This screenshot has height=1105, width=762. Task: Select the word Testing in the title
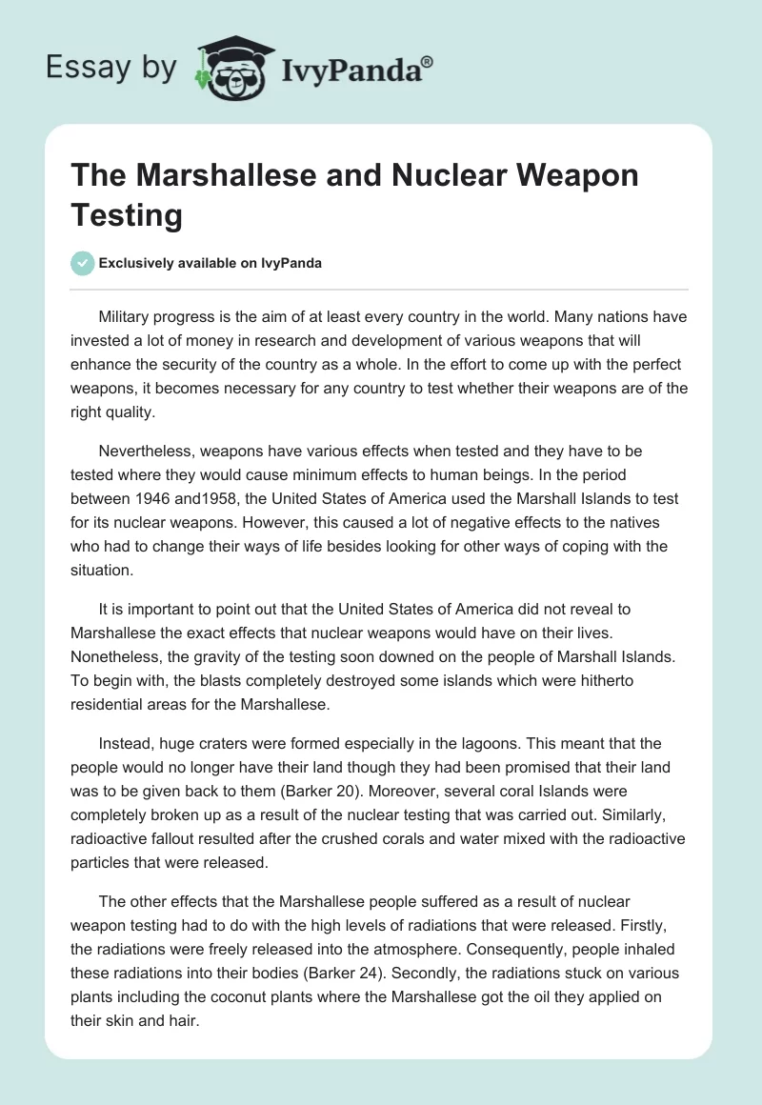tap(126, 214)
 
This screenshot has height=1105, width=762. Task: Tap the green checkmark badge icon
tap(83, 263)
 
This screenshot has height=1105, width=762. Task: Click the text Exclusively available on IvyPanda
tap(211, 263)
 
